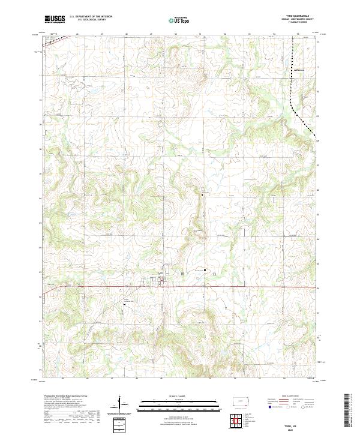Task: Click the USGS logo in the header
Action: pyautogui.click(x=55, y=19)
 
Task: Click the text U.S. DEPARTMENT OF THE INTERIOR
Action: pyautogui.click(x=91, y=17)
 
